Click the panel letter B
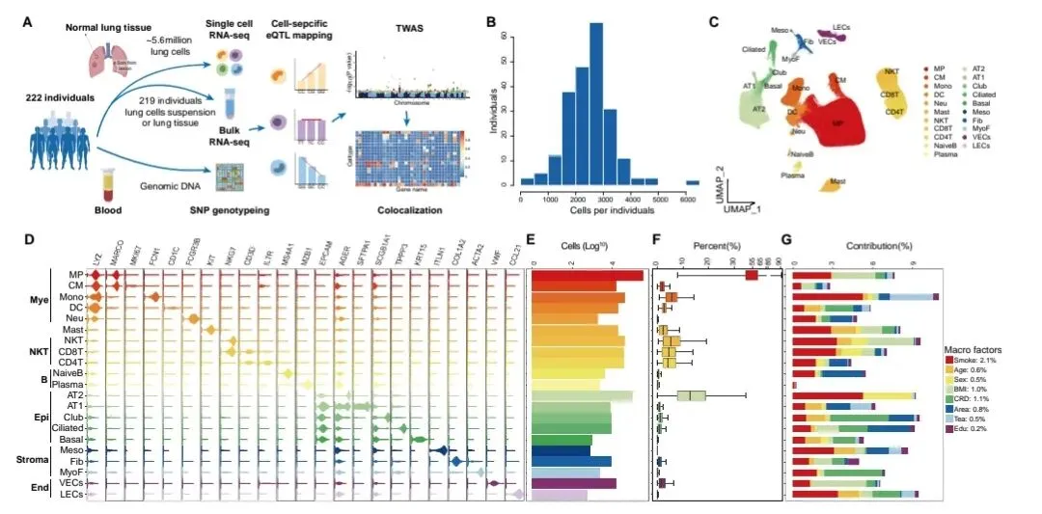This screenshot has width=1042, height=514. (x=491, y=19)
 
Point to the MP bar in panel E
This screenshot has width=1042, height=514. (x=587, y=276)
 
